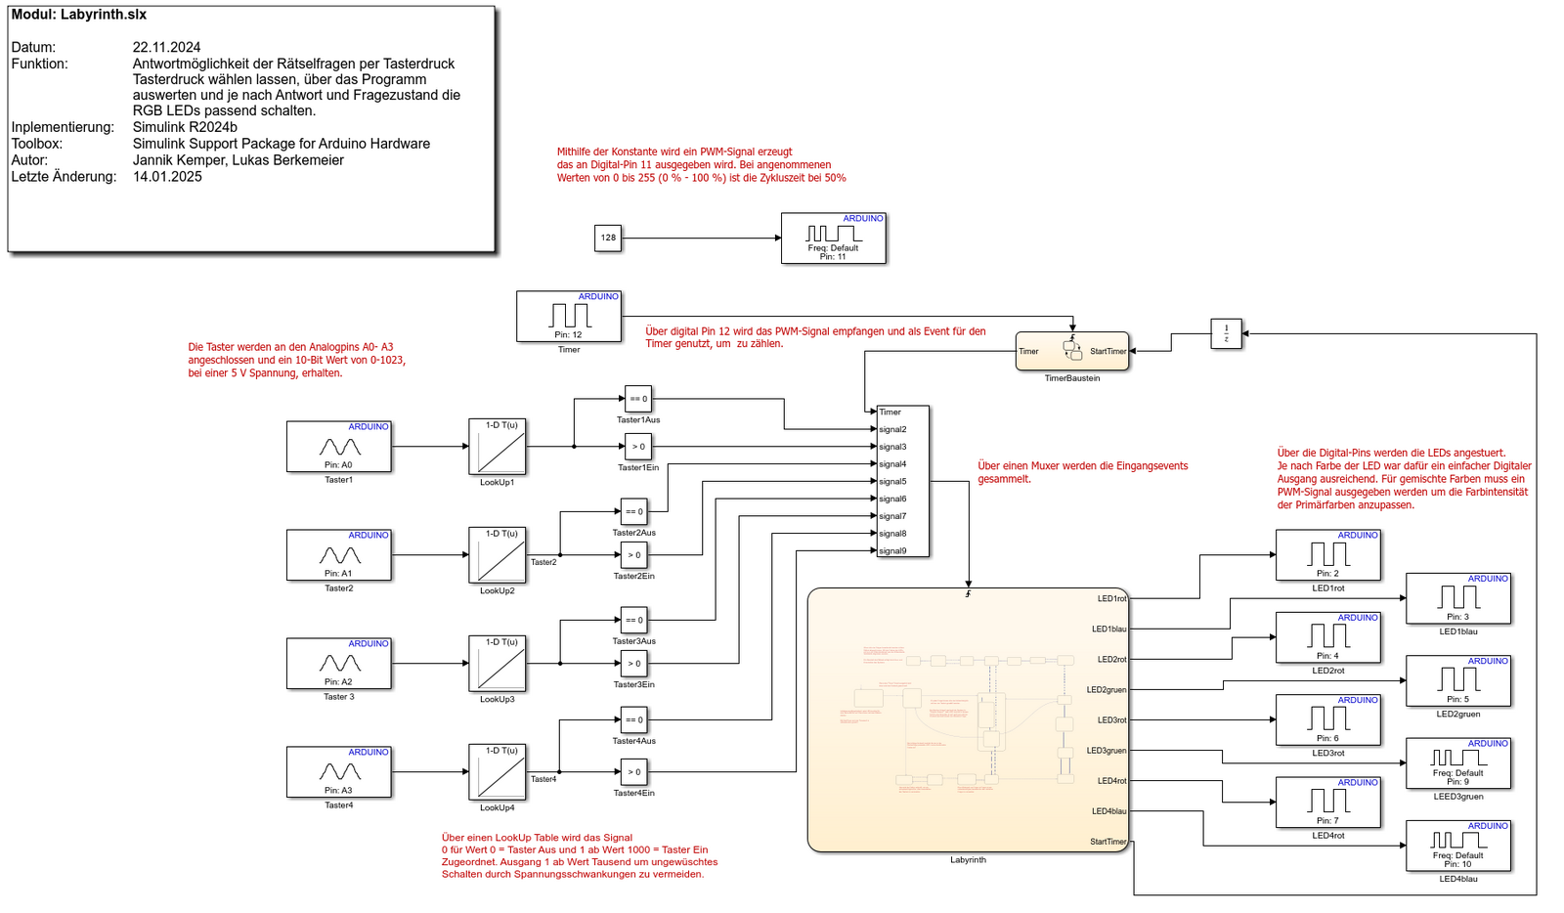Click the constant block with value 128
pos(608,238)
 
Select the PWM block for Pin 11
pos(833,239)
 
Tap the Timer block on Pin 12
pos(568,316)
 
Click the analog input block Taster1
pos(338,447)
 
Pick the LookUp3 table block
pos(497,664)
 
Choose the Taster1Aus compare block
pos(637,399)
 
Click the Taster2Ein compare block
pos(634,555)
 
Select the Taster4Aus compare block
pos(634,720)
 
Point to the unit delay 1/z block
pos(1226,333)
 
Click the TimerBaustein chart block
pos(1071,351)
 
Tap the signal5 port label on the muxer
pos(892,482)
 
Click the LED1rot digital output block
pos(1327,555)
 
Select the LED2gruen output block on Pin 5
pos(1457,680)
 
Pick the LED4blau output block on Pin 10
pos(1457,846)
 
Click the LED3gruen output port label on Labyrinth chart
pos(1107,751)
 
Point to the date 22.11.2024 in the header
pos(167,47)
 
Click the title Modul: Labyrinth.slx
pos(79,15)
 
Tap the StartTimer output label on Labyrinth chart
pos(1108,842)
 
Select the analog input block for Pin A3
pos(338,772)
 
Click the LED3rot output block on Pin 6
pos(1327,720)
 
